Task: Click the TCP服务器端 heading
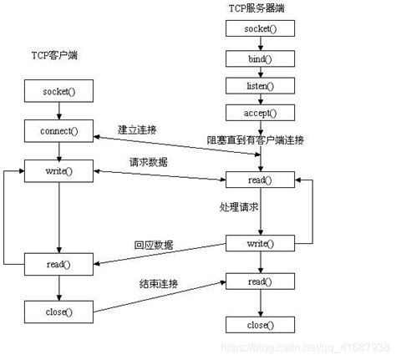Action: pos(258,8)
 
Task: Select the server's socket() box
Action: pos(258,28)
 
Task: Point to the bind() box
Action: pos(258,59)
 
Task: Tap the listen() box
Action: pos(258,86)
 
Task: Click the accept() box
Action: pos(258,113)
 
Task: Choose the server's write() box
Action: pos(258,243)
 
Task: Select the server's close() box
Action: pos(258,325)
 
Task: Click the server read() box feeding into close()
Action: pos(258,282)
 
